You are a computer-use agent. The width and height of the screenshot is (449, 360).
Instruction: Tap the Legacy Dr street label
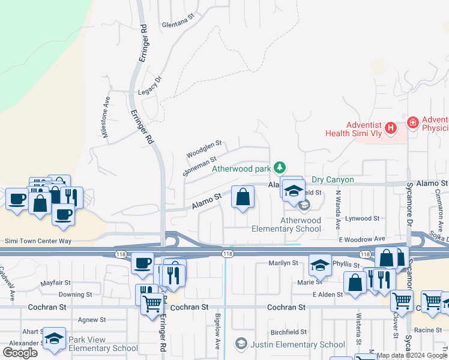(x=150, y=86)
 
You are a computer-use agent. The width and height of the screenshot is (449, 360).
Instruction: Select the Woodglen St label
(x=204, y=149)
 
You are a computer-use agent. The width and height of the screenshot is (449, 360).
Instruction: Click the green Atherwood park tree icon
(x=279, y=167)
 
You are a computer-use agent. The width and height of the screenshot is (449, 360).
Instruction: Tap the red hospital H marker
(x=391, y=128)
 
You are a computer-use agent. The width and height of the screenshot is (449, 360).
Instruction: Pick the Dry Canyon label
(x=333, y=179)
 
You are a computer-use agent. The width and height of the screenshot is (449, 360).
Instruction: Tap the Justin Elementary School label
(x=297, y=344)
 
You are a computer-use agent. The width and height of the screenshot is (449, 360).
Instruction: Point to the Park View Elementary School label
(x=103, y=344)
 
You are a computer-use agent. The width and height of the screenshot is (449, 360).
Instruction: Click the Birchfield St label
(x=289, y=331)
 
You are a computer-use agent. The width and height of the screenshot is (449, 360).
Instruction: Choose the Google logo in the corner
(x=20, y=353)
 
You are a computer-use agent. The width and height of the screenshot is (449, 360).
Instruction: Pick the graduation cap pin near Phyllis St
(x=320, y=264)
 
